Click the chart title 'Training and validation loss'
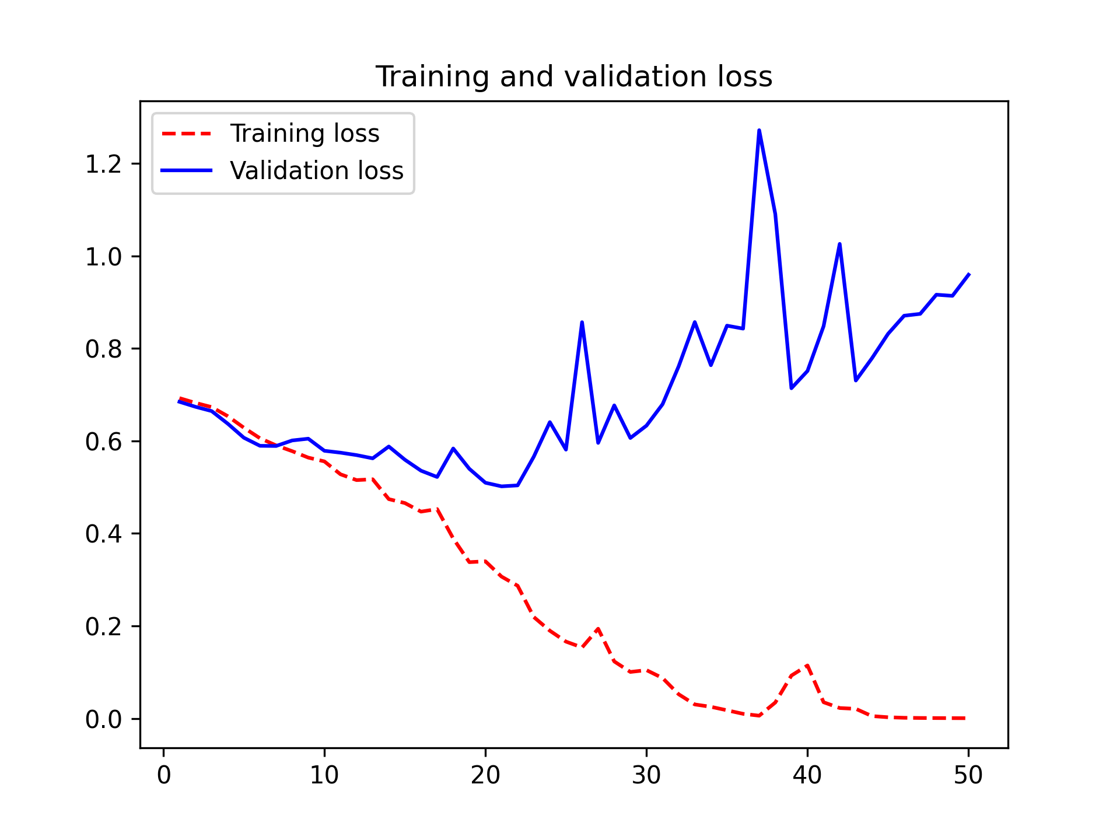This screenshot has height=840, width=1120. pos(573,77)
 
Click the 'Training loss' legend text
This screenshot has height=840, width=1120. pos(304,134)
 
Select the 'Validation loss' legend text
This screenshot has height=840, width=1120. pos(317,171)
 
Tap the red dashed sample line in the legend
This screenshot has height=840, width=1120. pos(187,134)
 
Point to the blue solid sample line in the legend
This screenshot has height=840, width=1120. pos(187,170)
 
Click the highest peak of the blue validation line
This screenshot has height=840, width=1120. pos(759,130)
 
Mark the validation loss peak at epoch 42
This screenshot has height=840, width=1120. pos(839,244)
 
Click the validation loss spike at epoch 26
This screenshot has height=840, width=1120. pos(582,322)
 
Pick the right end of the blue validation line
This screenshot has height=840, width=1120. pos(968,274)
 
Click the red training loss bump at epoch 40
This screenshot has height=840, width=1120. pos(807,665)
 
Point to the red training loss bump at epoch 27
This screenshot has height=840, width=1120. pos(598,629)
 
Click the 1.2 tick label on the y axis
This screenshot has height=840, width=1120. pos(103,164)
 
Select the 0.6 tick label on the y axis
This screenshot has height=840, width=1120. pos(103,442)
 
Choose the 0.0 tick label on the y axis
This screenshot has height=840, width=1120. pos(103,719)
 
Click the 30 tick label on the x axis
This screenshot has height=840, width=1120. pos(646,775)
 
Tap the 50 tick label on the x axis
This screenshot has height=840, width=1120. pos(968,775)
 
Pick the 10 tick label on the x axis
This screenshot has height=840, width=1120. pos(324,775)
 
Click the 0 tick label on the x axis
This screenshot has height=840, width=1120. pos(164,775)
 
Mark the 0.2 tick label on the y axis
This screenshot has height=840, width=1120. pos(103,627)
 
